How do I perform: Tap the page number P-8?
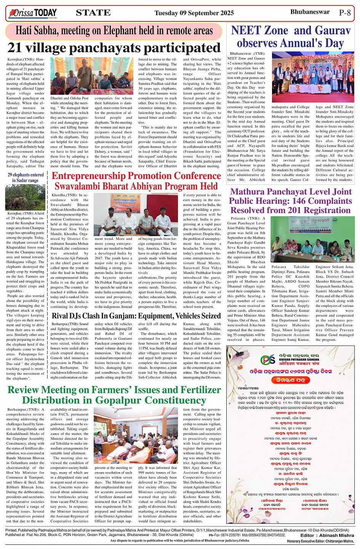click(344, 13)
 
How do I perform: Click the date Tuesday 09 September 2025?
click(194, 13)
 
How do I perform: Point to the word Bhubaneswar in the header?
click(310, 12)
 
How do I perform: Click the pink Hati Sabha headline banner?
click(114, 31)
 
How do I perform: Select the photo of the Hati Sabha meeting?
click(91, 76)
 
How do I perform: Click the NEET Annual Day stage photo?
click(313, 77)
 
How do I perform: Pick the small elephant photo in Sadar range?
click(26, 197)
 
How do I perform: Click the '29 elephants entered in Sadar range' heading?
click(26, 178)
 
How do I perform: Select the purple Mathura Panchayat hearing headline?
click(290, 201)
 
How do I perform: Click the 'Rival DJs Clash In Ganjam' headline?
click(136, 316)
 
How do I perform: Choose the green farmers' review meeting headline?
click(114, 395)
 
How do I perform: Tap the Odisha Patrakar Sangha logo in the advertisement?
click(268, 360)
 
